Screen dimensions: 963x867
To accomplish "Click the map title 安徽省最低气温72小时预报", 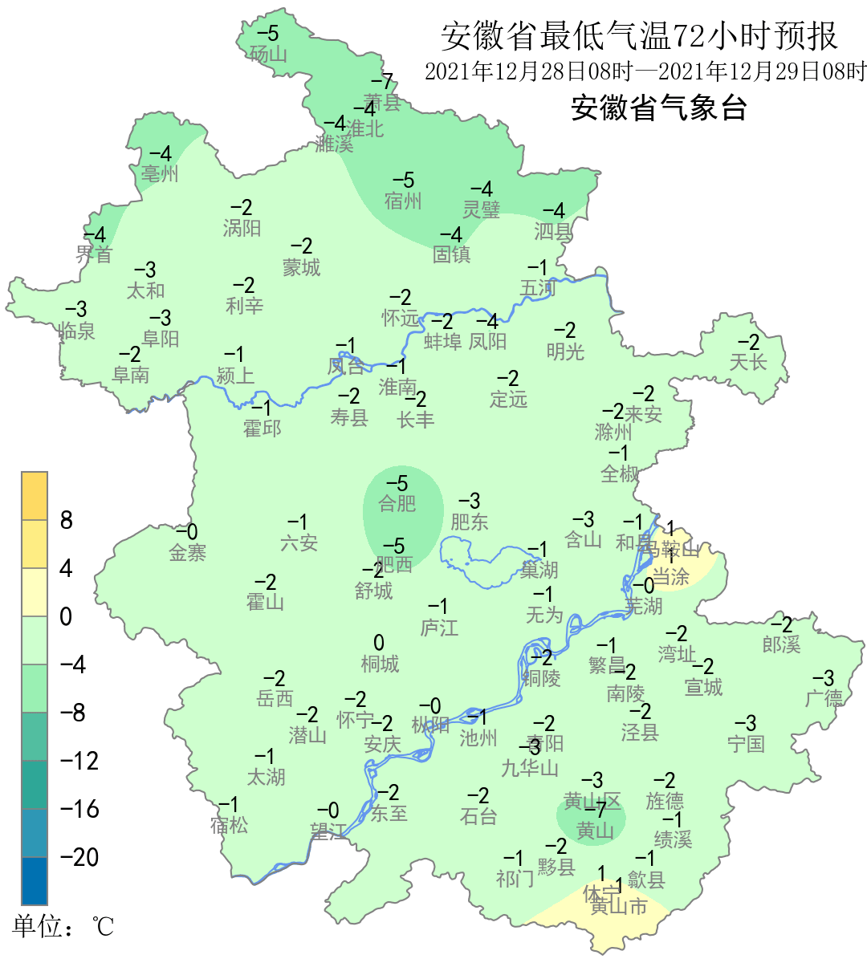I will point(639,37).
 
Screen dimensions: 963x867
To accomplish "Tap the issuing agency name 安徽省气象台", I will point(658,108).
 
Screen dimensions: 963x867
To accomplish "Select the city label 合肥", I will point(397,504).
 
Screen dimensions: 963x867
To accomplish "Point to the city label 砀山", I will point(268,54).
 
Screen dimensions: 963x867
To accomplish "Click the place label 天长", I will point(748,362).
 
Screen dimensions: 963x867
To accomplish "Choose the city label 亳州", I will point(160,173).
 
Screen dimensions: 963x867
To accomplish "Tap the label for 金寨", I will point(188,552).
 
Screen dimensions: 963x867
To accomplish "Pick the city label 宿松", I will point(230,824).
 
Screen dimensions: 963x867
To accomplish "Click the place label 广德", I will point(824,698).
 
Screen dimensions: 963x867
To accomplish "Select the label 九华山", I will point(530,768).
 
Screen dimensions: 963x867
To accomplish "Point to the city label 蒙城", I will point(301,267).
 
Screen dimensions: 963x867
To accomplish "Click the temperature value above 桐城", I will point(379,643).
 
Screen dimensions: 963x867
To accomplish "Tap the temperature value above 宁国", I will point(746,723).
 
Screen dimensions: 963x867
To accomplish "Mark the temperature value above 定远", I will point(507,378).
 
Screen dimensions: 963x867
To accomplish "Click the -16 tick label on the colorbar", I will point(79,809).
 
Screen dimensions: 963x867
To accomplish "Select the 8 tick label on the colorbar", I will point(67,521).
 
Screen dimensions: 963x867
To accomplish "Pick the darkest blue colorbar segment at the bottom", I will point(35,880).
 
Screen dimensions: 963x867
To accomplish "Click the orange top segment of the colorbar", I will point(35,496).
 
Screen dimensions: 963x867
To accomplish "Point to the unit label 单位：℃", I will point(63,927).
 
